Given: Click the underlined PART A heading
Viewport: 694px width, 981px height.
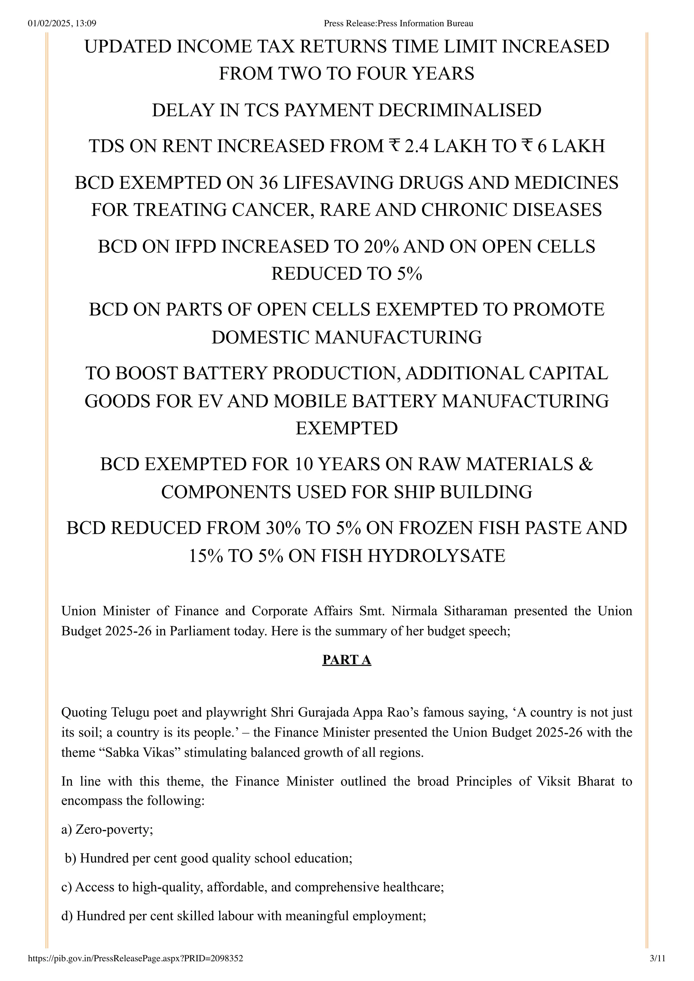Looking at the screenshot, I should (x=346, y=660).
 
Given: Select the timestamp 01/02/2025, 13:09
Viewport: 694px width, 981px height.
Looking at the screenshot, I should (x=62, y=23).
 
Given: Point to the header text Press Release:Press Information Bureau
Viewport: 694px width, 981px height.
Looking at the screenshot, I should (x=398, y=23).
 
